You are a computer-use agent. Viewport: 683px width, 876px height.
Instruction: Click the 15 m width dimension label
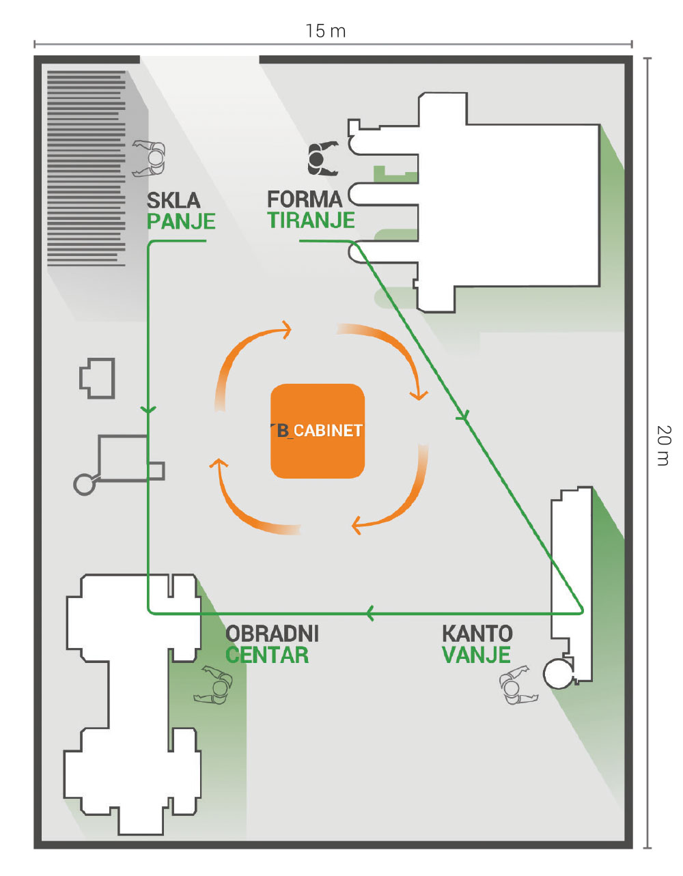pyautogui.click(x=325, y=31)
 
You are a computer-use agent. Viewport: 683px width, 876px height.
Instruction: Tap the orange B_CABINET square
pyautogui.click(x=318, y=431)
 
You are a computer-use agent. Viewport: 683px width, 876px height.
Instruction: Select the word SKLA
pyautogui.click(x=173, y=200)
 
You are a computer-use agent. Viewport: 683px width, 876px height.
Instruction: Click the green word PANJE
pyautogui.click(x=181, y=221)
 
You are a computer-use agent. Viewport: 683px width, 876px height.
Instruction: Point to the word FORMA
pyautogui.click(x=304, y=199)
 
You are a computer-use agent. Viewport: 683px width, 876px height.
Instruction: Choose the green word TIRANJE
pyautogui.click(x=311, y=220)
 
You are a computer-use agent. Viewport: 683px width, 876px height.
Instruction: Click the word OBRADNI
pyautogui.click(x=272, y=634)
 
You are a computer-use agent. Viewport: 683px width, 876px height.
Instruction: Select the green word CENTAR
pyautogui.click(x=267, y=655)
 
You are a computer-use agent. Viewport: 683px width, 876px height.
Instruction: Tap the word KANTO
pyautogui.click(x=477, y=634)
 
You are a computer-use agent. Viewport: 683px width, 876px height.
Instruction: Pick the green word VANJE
pyautogui.click(x=476, y=655)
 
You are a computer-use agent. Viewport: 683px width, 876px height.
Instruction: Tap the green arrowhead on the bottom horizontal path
pyautogui.click(x=370, y=612)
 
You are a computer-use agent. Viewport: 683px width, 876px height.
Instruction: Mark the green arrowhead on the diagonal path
pyautogui.click(x=464, y=414)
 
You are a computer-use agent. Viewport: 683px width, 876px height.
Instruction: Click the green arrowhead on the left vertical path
pyautogui.click(x=148, y=410)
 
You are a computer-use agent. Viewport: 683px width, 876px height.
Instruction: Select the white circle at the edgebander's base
pyautogui.click(x=558, y=674)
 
